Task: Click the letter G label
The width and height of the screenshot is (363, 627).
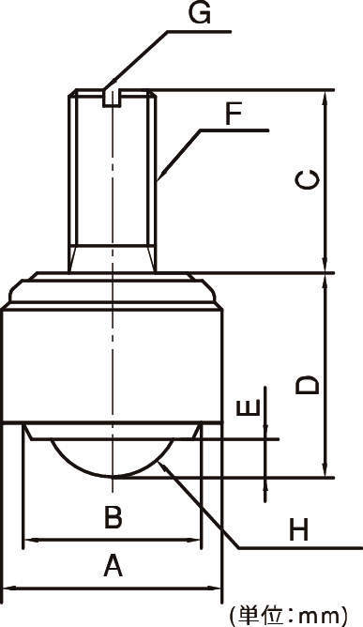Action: (201, 13)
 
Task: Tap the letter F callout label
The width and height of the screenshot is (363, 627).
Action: (234, 115)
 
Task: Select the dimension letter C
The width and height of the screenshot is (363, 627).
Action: (308, 180)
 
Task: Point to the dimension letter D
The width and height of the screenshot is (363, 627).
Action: (308, 385)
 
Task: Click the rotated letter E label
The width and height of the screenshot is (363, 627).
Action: (248, 408)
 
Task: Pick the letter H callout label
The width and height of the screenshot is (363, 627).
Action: (298, 530)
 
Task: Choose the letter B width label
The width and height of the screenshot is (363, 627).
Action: (113, 518)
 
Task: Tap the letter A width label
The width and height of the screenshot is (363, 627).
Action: (113, 566)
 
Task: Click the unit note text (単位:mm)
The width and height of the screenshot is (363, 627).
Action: (288, 616)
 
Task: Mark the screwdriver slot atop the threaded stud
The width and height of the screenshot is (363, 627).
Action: (112, 99)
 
